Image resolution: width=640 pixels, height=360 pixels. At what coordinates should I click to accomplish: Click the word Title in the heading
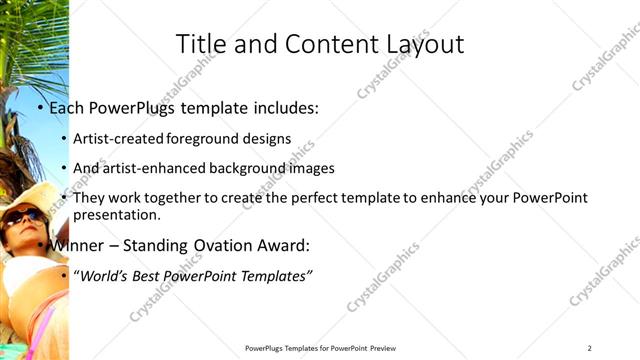198,45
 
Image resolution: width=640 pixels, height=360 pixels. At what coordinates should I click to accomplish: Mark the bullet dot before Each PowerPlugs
40,108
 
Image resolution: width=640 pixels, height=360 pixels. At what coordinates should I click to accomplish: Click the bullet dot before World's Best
65,275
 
